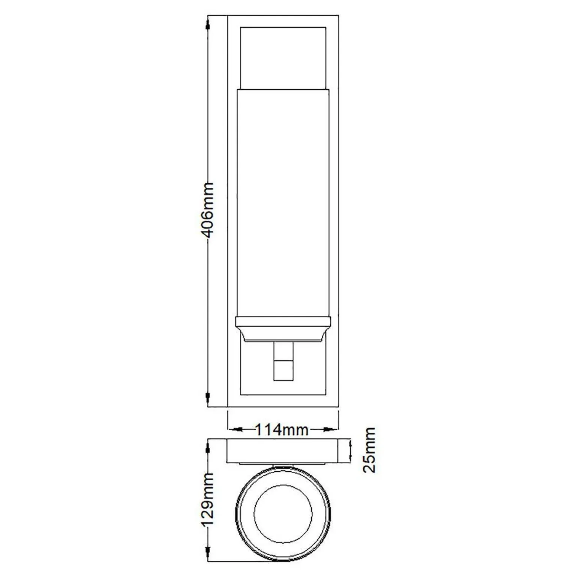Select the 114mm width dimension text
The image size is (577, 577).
click(282, 429)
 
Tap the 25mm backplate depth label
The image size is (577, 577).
click(369, 450)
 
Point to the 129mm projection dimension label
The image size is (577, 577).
click(208, 499)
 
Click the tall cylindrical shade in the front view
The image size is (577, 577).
click(283, 202)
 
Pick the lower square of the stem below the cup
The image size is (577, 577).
click(283, 371)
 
